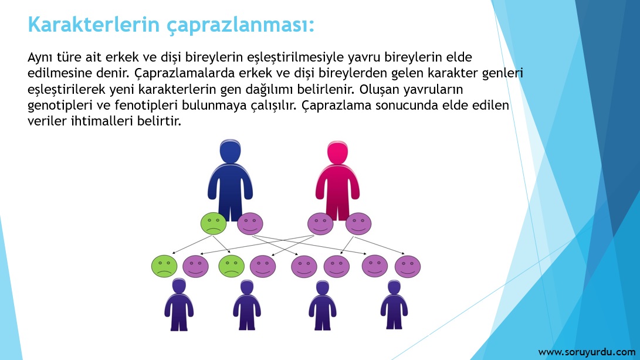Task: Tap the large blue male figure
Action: [x=230, y=179]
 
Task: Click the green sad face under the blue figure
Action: [x=214, y=223]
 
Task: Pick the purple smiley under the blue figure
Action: [x=250, y=223]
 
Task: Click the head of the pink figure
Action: [x=337, y=152]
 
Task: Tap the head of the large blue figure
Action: [x=230, y=151]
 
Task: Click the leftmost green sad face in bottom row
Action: [x=164, y=266]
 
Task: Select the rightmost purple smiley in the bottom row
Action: [x=408, y=267]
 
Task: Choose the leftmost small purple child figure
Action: [x=179, y=304]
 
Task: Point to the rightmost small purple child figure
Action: [x=394, y=304]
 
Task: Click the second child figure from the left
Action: [x=247, y=305]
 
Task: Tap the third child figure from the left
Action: [x=323, y=305]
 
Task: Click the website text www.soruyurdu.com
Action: [x=587, y=352]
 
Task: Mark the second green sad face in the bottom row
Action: [x=232, y=266]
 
